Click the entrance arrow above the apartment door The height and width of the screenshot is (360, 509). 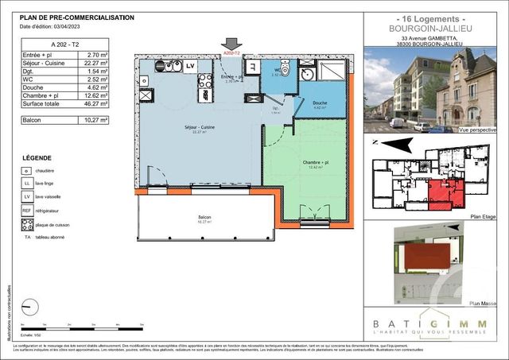pos(231,45)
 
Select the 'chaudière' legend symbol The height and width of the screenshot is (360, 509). pos(27,170)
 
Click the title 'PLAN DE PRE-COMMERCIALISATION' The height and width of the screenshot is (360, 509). pos(76,17)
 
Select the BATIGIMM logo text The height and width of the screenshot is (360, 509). pos(429,323)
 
